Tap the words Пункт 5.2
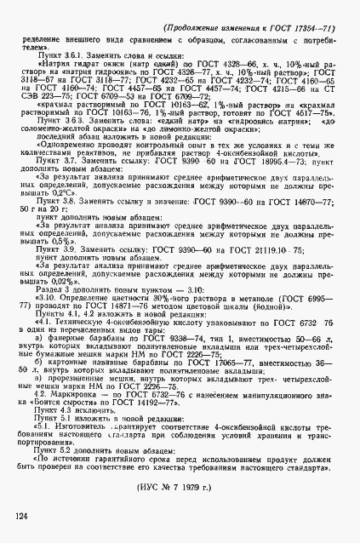coord(56,454)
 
